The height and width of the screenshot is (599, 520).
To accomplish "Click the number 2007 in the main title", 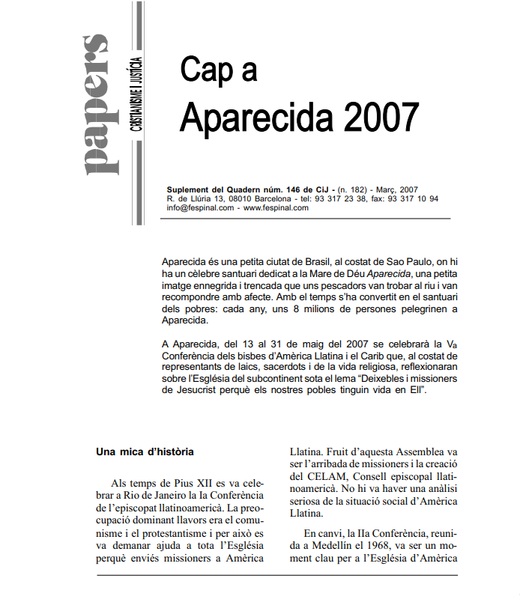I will coord(380,117).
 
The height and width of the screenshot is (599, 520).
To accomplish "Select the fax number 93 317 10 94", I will coord(414,199).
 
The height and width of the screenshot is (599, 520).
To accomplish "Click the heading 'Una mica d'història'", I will coord(145,452).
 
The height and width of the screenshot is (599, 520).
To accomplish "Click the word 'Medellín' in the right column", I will coord(321,546).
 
